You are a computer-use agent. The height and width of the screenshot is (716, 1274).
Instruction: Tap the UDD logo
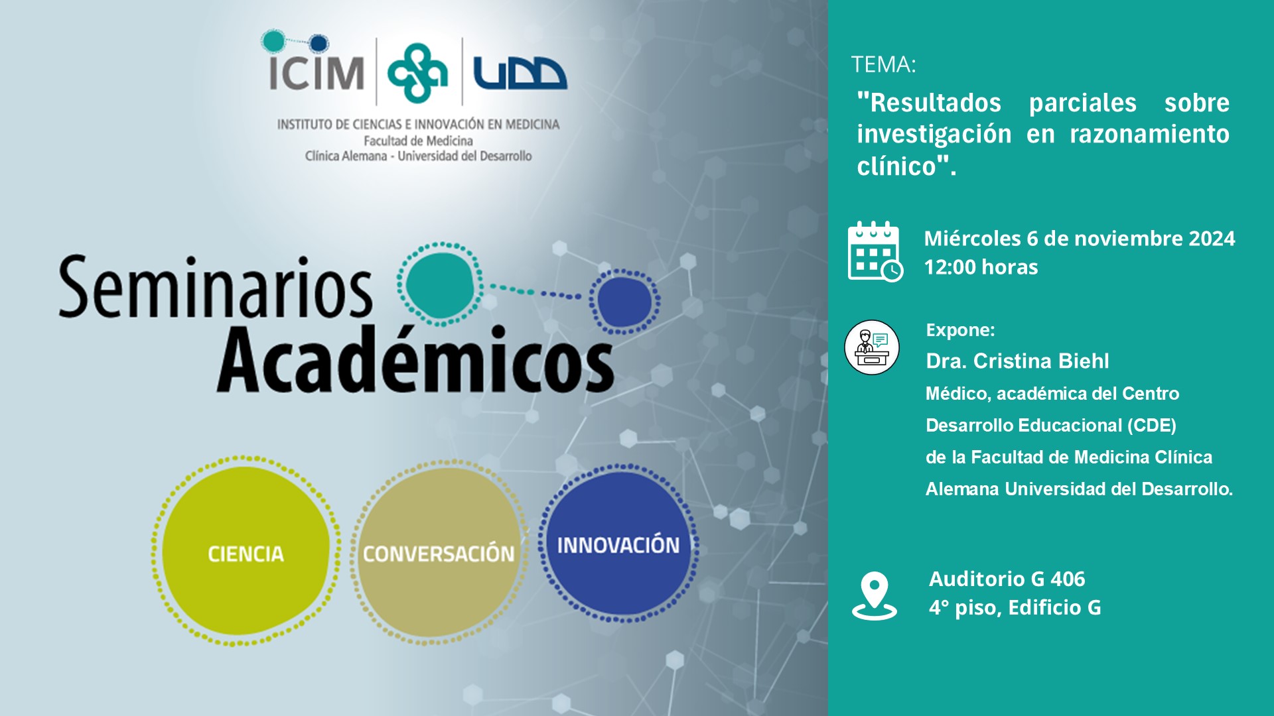(x=520, y=73)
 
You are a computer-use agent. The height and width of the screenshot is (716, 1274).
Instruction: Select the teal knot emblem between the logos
(x=417, y=73)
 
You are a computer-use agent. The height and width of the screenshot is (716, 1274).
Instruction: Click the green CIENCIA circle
(x=246, y=551)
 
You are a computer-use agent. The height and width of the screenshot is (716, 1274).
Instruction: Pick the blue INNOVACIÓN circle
(x=618, y=543)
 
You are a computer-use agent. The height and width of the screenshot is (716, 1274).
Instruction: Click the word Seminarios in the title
(x=216, y=288)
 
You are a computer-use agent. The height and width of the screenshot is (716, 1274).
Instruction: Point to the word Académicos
(x=415, y=359)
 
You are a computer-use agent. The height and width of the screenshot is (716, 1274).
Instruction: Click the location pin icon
(x=875, y=595)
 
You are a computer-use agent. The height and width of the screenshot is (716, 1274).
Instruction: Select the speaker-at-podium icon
(x=872, y=347)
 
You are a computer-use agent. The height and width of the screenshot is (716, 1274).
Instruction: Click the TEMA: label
(x=883, y=64)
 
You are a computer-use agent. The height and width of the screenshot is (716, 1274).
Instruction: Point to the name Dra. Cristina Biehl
(x=1017, y=361)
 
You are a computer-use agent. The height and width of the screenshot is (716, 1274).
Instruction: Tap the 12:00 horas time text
(x=981, y=267)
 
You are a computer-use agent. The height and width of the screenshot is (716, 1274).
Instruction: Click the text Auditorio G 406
(x=1007, y=579)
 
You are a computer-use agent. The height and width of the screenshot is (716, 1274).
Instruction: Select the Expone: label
(x=960, y=329)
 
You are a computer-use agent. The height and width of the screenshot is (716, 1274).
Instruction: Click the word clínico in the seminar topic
(x=896, y=166)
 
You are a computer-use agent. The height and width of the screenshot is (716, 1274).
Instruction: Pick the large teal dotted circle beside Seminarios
(x=439, y=284)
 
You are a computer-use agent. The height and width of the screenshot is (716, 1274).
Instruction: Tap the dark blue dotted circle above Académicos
(x=624, y=302)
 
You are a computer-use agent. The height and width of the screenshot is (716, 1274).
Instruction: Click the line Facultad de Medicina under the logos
(x=418, y=141)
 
